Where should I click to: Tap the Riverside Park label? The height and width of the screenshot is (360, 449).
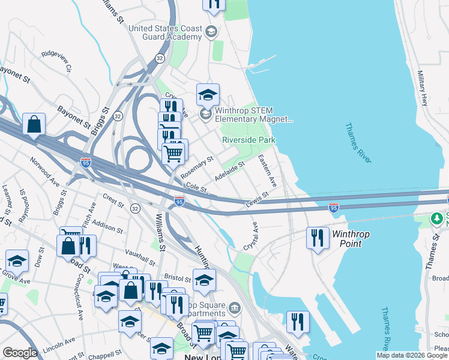click(249, 140)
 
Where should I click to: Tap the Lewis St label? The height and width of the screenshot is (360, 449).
click(257, 200)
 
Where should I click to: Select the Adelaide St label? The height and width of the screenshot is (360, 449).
click(230, 172)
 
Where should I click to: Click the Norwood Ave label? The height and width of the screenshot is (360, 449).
click(46, 171)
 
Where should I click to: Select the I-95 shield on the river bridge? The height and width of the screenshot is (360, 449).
click(334, 208)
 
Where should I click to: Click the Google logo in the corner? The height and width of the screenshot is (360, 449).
click(20, 352)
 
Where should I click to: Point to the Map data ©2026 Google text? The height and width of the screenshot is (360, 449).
click(412, 355)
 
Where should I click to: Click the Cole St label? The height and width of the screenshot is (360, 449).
click(196, 188)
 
